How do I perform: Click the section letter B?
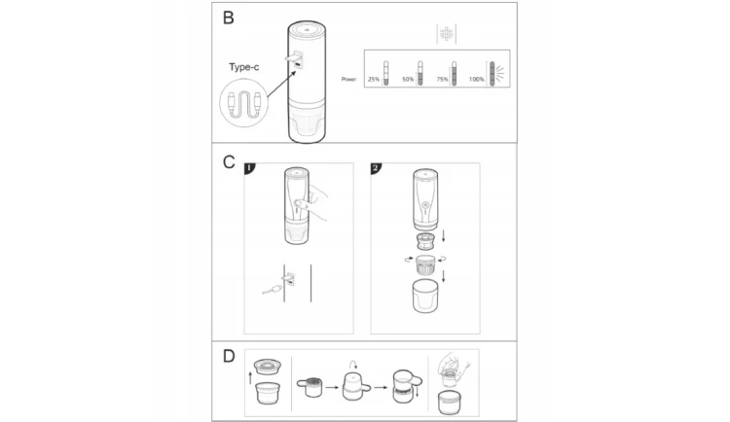click(x=228, y=18)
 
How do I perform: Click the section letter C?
click(x=229, y=162)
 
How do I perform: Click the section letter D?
click(x=229, y=357)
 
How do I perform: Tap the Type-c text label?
click(x=244, y=67)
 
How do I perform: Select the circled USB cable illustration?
click(x=244, y=103)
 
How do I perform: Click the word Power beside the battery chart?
click(x=348, y=79)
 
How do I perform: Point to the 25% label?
click(x=374, y=80)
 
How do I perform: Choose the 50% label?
click(x=408, y=80)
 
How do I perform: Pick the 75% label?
click(x=442, y=80)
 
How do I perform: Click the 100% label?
click(x=477, y=80)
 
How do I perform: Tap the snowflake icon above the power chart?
click(x=447, y=33)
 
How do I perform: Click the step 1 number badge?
click(x=250, y=168)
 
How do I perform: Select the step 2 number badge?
click(x=376, y=168)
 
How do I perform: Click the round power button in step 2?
click(x=424, y=205)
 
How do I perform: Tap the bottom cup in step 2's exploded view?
click(x=425, y=296)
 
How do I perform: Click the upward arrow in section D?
click(x=250, y=378)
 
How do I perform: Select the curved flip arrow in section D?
click(x=353, y=364)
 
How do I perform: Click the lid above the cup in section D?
click(x=268, y=367)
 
